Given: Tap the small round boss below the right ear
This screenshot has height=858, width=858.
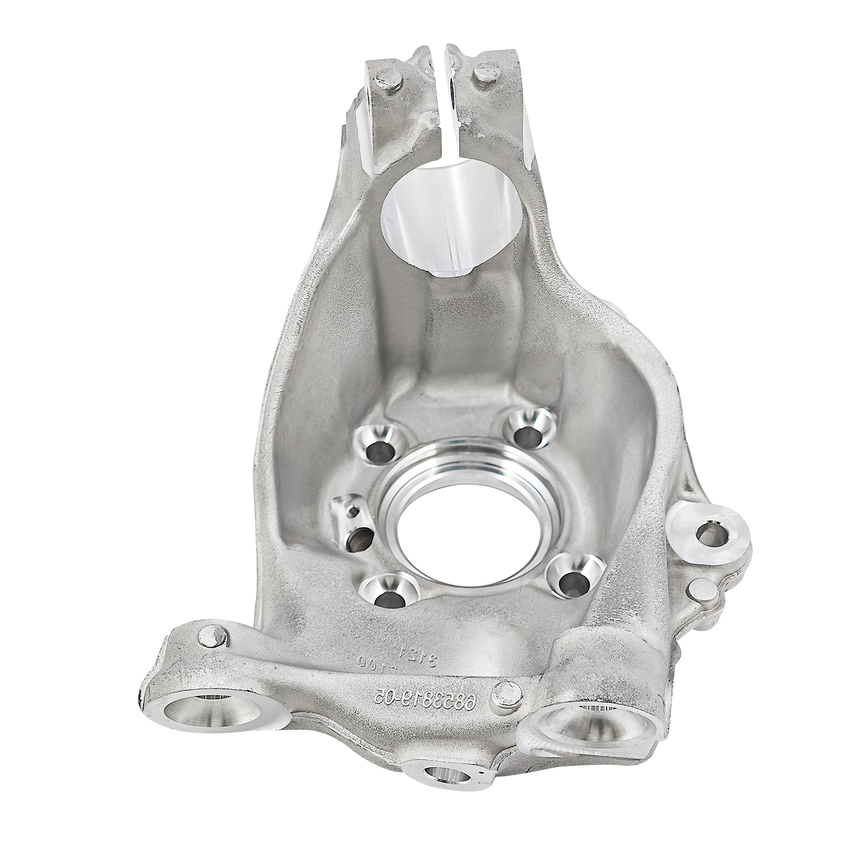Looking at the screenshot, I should (702, 589).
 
